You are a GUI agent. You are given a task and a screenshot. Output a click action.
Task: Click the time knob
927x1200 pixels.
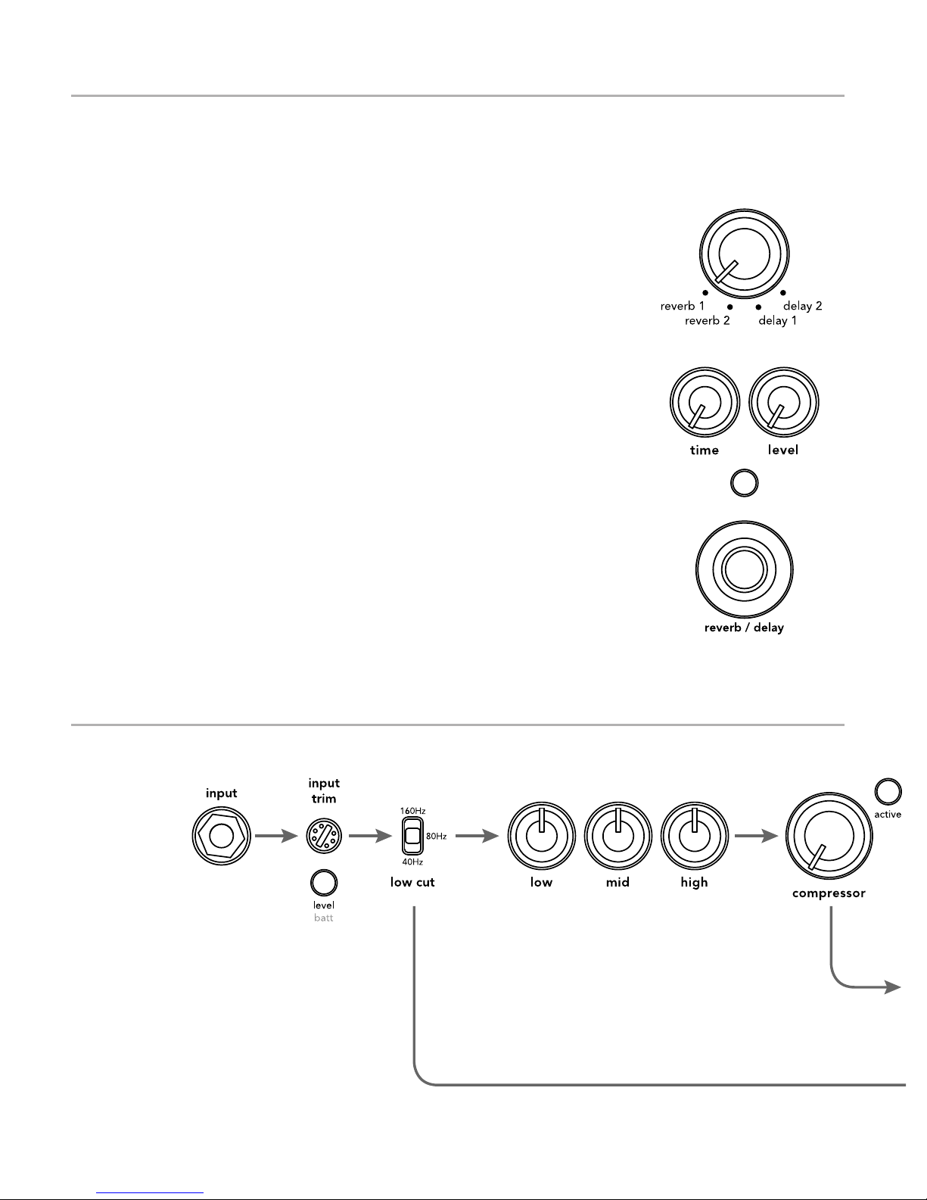tap(705, 402)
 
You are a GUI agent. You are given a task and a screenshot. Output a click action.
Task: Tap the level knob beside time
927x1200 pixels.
tap(783, 402)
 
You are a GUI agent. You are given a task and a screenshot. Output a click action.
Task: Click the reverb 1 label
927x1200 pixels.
tap(682, 307)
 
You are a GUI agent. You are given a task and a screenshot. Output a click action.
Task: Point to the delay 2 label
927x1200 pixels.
tap(802, 307)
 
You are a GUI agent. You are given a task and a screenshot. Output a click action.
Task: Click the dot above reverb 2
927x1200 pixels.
tap(729, 307)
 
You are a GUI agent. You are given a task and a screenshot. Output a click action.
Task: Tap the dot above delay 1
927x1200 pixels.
tap(757, 307)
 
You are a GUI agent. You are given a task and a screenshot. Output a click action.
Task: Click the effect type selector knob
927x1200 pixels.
tap(744, 254)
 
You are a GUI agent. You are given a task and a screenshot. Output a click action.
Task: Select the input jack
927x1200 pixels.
tap(221, 836)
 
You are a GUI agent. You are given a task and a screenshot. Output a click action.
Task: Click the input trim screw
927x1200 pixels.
tap(324, 836)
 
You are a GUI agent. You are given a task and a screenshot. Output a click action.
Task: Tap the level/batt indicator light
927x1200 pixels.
tap(324, 883)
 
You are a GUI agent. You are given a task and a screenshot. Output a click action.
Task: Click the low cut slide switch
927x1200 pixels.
tap(412, 836)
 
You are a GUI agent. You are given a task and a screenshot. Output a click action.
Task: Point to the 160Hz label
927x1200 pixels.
tap(412, 811)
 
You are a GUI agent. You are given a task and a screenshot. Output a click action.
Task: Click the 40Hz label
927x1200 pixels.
tap(412, 862)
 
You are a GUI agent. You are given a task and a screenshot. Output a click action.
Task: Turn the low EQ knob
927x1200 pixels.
tap(541, 836)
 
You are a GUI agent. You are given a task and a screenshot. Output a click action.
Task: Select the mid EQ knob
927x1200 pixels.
tap(617, 836)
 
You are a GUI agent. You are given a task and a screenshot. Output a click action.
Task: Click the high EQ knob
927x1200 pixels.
tap(694, 836)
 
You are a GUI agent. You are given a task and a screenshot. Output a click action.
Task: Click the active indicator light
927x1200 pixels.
tap(888, 792)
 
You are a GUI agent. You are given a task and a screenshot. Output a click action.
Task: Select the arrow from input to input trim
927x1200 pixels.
tap(276, 836)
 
